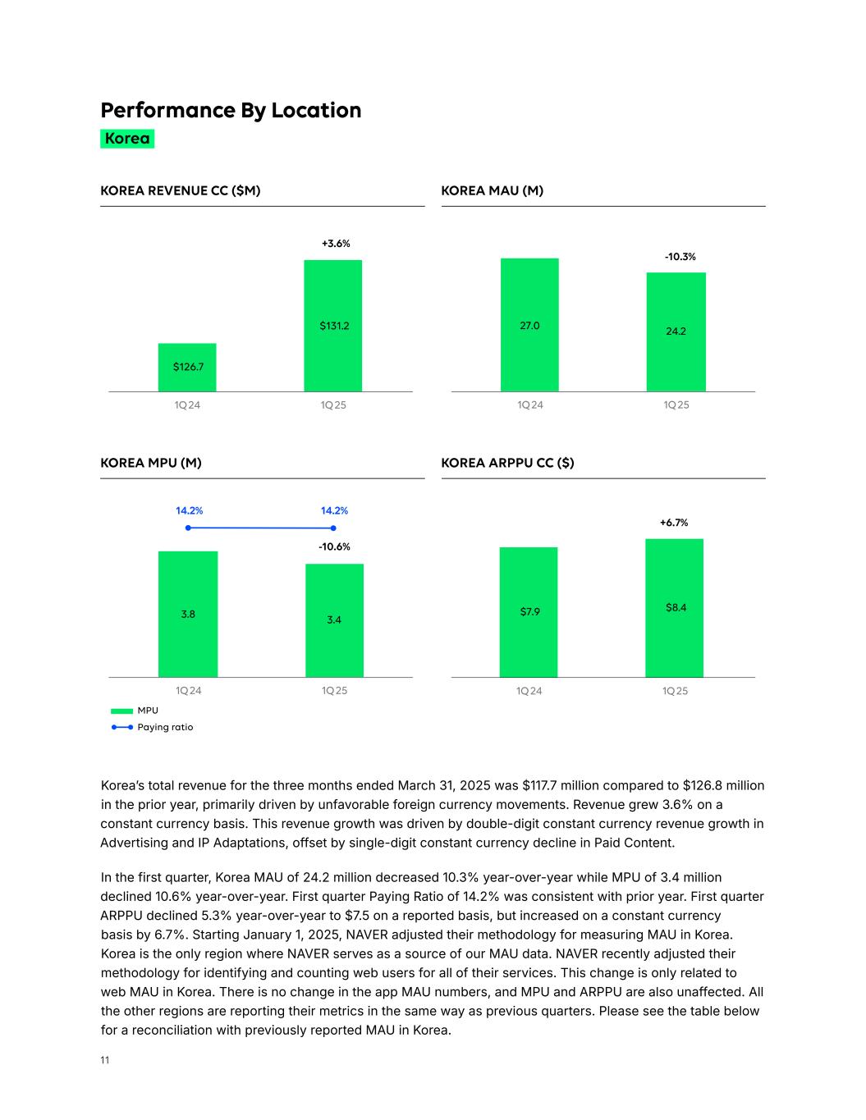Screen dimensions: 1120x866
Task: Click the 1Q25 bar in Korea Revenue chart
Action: tap(332, 326)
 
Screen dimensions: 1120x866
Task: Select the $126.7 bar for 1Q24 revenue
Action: tap(187, 367)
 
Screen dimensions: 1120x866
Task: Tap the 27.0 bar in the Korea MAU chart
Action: tap(529, 325)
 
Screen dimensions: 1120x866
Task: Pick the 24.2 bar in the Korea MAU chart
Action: tap(676, 331)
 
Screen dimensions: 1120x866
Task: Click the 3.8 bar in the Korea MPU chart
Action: tap(188, 614)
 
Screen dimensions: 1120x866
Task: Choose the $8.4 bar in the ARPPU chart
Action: tap(675, 608)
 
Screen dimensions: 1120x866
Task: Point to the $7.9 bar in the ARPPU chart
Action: tap(529, 612)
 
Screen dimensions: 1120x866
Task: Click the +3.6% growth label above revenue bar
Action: tap(335, 244)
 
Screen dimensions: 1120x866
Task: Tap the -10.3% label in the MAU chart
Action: tap(680, 257)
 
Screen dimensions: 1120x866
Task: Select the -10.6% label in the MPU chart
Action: tap(334, 546)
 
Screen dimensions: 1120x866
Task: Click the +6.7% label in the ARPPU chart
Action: tap(674, 523)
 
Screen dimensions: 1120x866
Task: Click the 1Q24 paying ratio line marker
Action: tap(188, 528)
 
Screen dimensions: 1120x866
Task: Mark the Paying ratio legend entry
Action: tap(164, 727)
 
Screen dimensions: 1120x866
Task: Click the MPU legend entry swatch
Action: tap(121, 711)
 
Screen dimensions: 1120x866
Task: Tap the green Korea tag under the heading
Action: tap(127, 139)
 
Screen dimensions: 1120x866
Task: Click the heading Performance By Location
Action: tap(231, 110)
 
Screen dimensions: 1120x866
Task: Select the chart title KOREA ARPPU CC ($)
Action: tap(507, 463)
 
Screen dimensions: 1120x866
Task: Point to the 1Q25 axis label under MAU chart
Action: tap(676, 405)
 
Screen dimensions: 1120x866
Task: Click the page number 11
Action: tap(105, 1060)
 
